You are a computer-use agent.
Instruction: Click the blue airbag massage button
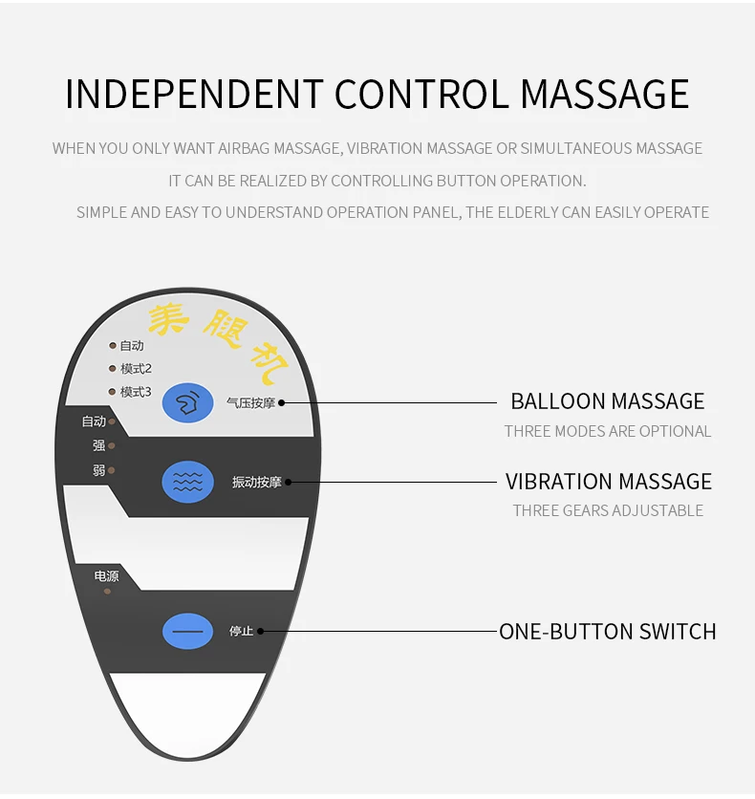click(187, 402)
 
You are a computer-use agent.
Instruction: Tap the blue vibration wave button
click(187, 481)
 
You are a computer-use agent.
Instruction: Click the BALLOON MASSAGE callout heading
click(607, 401)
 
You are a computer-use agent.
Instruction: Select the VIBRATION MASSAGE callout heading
click(608, 481)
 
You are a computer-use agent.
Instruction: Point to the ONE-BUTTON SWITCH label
click(607, 631)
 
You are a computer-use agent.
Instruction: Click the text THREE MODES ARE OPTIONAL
click(607, 431)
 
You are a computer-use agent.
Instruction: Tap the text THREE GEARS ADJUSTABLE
click(607, 510)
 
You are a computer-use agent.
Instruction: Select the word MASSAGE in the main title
click(604, 95)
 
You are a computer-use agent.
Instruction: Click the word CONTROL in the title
click(421, 95)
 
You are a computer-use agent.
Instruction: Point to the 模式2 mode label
click(136, 369)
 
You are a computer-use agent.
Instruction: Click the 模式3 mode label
click(136, 392)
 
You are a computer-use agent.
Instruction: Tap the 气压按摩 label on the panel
click(250, 403)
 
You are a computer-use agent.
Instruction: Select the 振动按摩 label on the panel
click(256, 482)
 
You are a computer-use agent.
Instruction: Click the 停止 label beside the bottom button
click(241, 632)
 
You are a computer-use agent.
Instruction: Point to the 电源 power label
click(106, 576)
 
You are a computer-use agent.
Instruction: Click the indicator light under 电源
click(107, 592)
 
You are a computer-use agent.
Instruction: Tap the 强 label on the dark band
click(98, 445)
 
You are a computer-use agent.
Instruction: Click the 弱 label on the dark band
click(98, 470)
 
